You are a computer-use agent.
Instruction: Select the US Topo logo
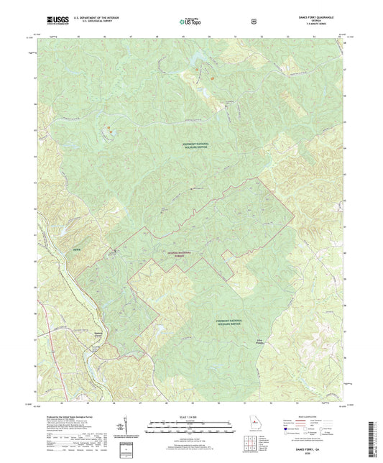[x=190, y=22]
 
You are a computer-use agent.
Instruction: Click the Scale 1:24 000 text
[x=190, y=416]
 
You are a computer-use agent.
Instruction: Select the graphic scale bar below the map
[x=190, y=425]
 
